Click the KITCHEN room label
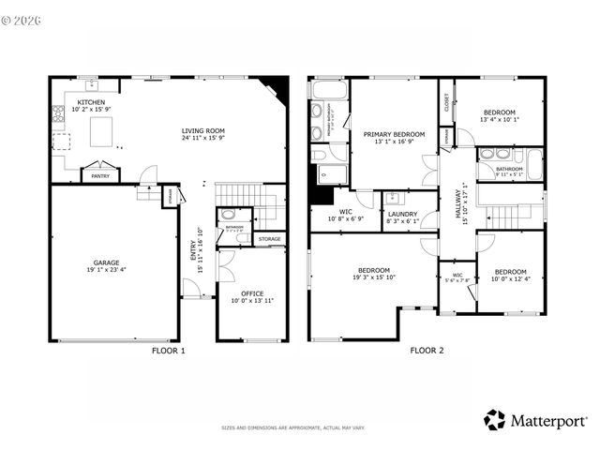pyautogui.click(x=91, y=102)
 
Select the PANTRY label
pyautogui.click(x=97, y=174)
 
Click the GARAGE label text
pyautogui.click(x=105, y=262)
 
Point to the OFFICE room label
pyautogui.click(x=252, y=292)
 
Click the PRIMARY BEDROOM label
pyautogui.click(x=394, y=134)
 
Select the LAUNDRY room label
pyautogui.click(x=402, y=214)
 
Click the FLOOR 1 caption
pyautogui.click(x=169, y=352)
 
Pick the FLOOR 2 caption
pyautogui.click(x=427, y=352)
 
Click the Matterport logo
pyautogui.click(x=535, y=420)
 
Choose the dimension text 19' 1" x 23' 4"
pyautogui.click(x=105, y=271)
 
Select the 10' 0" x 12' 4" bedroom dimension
pyautogui.click(x=512, y=278)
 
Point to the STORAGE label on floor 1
pyautogui.click(x=270, y=239)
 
